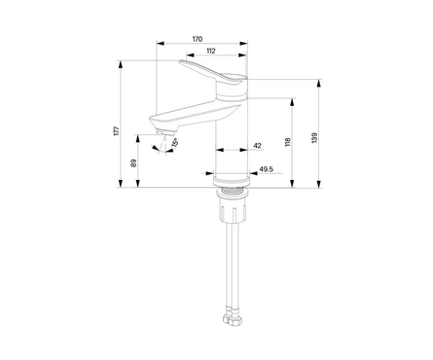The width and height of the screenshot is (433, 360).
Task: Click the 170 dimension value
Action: [x=198, y=39]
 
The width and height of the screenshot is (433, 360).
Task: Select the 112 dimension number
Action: [x=211, y=51]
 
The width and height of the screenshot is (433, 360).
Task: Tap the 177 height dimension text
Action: [x=117, y=130]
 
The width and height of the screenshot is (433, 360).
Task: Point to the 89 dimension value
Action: [x=134, y=163]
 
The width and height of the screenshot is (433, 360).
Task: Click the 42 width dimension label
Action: [x=257, y=146]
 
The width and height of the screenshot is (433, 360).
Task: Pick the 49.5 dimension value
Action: [x=267, y=169]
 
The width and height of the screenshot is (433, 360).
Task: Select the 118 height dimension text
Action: [x=288, y=142]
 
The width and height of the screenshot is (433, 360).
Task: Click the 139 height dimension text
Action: [x=314, y=137]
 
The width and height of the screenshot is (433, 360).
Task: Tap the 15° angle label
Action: [x=175, y=143]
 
